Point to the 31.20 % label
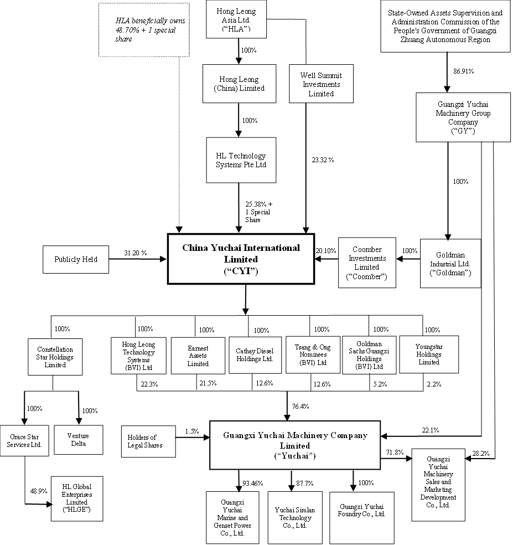[x=135, y=253]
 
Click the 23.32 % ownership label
[x=323, y=160]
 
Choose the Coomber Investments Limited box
[x=367, y=263]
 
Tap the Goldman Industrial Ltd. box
[x=449, y=263]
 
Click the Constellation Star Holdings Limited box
[x=55, y=357]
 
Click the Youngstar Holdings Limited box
[x=421, y=354]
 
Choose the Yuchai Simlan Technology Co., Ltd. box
[x=293, y=517]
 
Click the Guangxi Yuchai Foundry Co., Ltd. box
[x=362, y=511]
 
